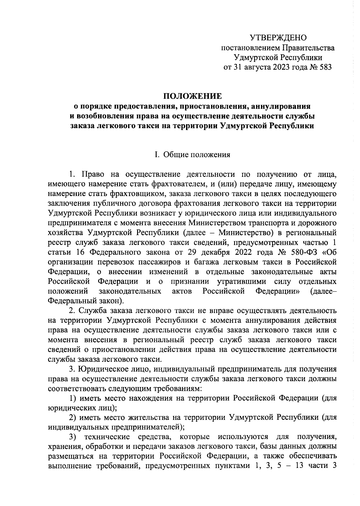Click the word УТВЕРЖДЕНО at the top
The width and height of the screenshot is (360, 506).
click(278, 38)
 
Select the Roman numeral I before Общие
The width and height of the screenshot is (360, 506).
click(156, 155)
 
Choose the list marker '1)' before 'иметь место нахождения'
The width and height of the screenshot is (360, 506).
click(73, 398)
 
